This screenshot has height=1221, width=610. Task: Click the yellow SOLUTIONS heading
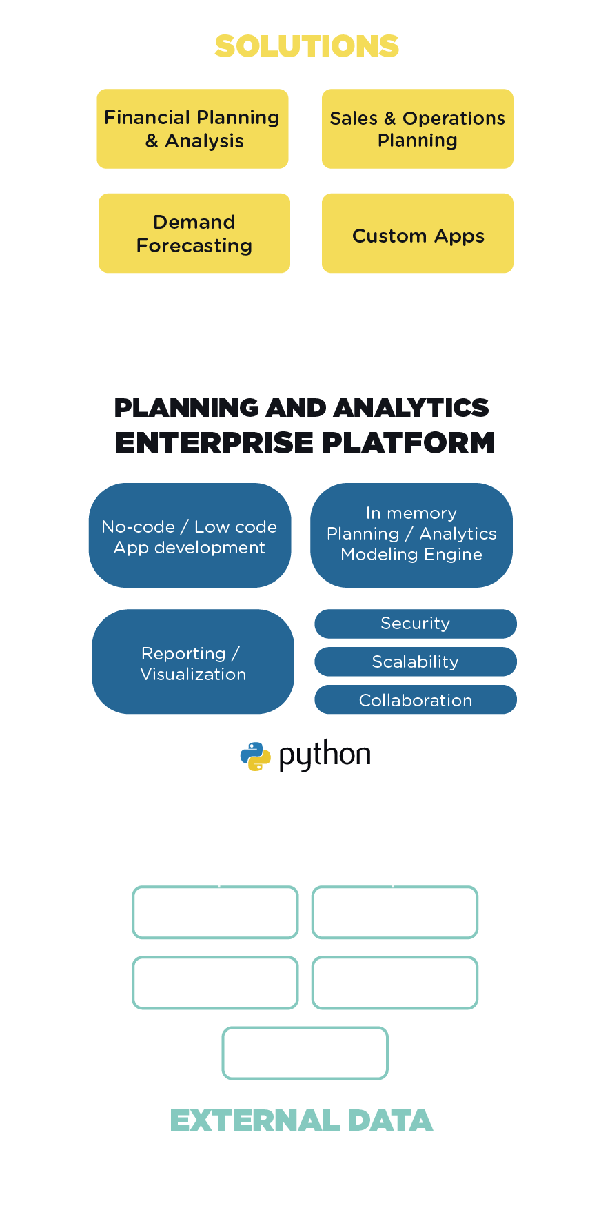coord(306,46)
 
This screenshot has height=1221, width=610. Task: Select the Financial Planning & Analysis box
coord(192,129)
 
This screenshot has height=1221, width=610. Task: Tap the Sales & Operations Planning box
coord(417,129)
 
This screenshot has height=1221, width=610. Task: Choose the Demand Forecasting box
coord(194,234)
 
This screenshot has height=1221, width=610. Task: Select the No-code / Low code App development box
coord(190,536)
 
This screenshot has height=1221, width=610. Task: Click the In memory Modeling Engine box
coord(411,535)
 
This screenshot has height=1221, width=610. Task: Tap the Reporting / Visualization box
coord(193,662)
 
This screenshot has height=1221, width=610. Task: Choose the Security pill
coord(415,624)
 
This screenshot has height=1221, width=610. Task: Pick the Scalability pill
coord(415,661)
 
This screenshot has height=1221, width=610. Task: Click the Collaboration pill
coord(415,700)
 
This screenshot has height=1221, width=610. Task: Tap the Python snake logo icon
coord(255,756)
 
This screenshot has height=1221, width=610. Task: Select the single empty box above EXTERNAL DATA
coord(305,1053)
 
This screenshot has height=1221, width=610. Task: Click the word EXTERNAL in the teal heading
coord(255,1121)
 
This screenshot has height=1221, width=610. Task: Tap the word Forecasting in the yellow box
coord(194,246)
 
